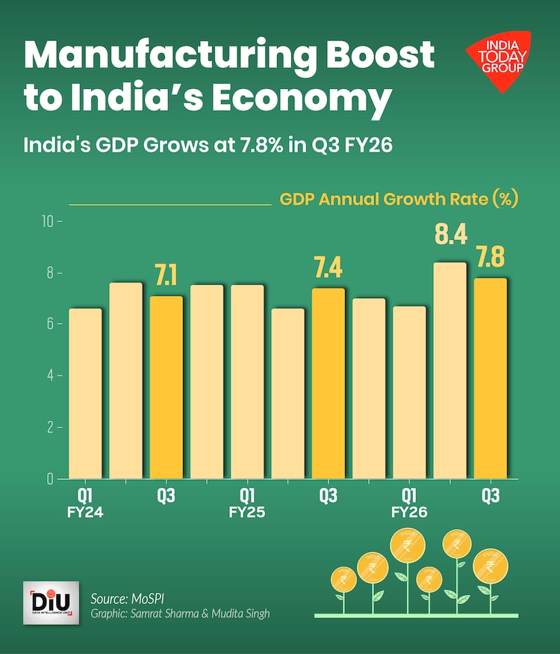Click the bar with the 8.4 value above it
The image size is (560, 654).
[x=449, y=370]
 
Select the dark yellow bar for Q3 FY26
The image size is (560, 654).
[x=491, y=377]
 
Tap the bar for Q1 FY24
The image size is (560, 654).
[x=85, y=393]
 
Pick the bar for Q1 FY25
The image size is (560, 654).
[x=247, y=381]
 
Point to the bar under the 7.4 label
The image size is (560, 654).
[x=328, y=383]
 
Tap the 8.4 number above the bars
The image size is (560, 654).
[x=450, y=235]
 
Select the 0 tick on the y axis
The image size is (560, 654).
[x=50, y=478]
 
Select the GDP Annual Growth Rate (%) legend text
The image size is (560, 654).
[x=399, y=200]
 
